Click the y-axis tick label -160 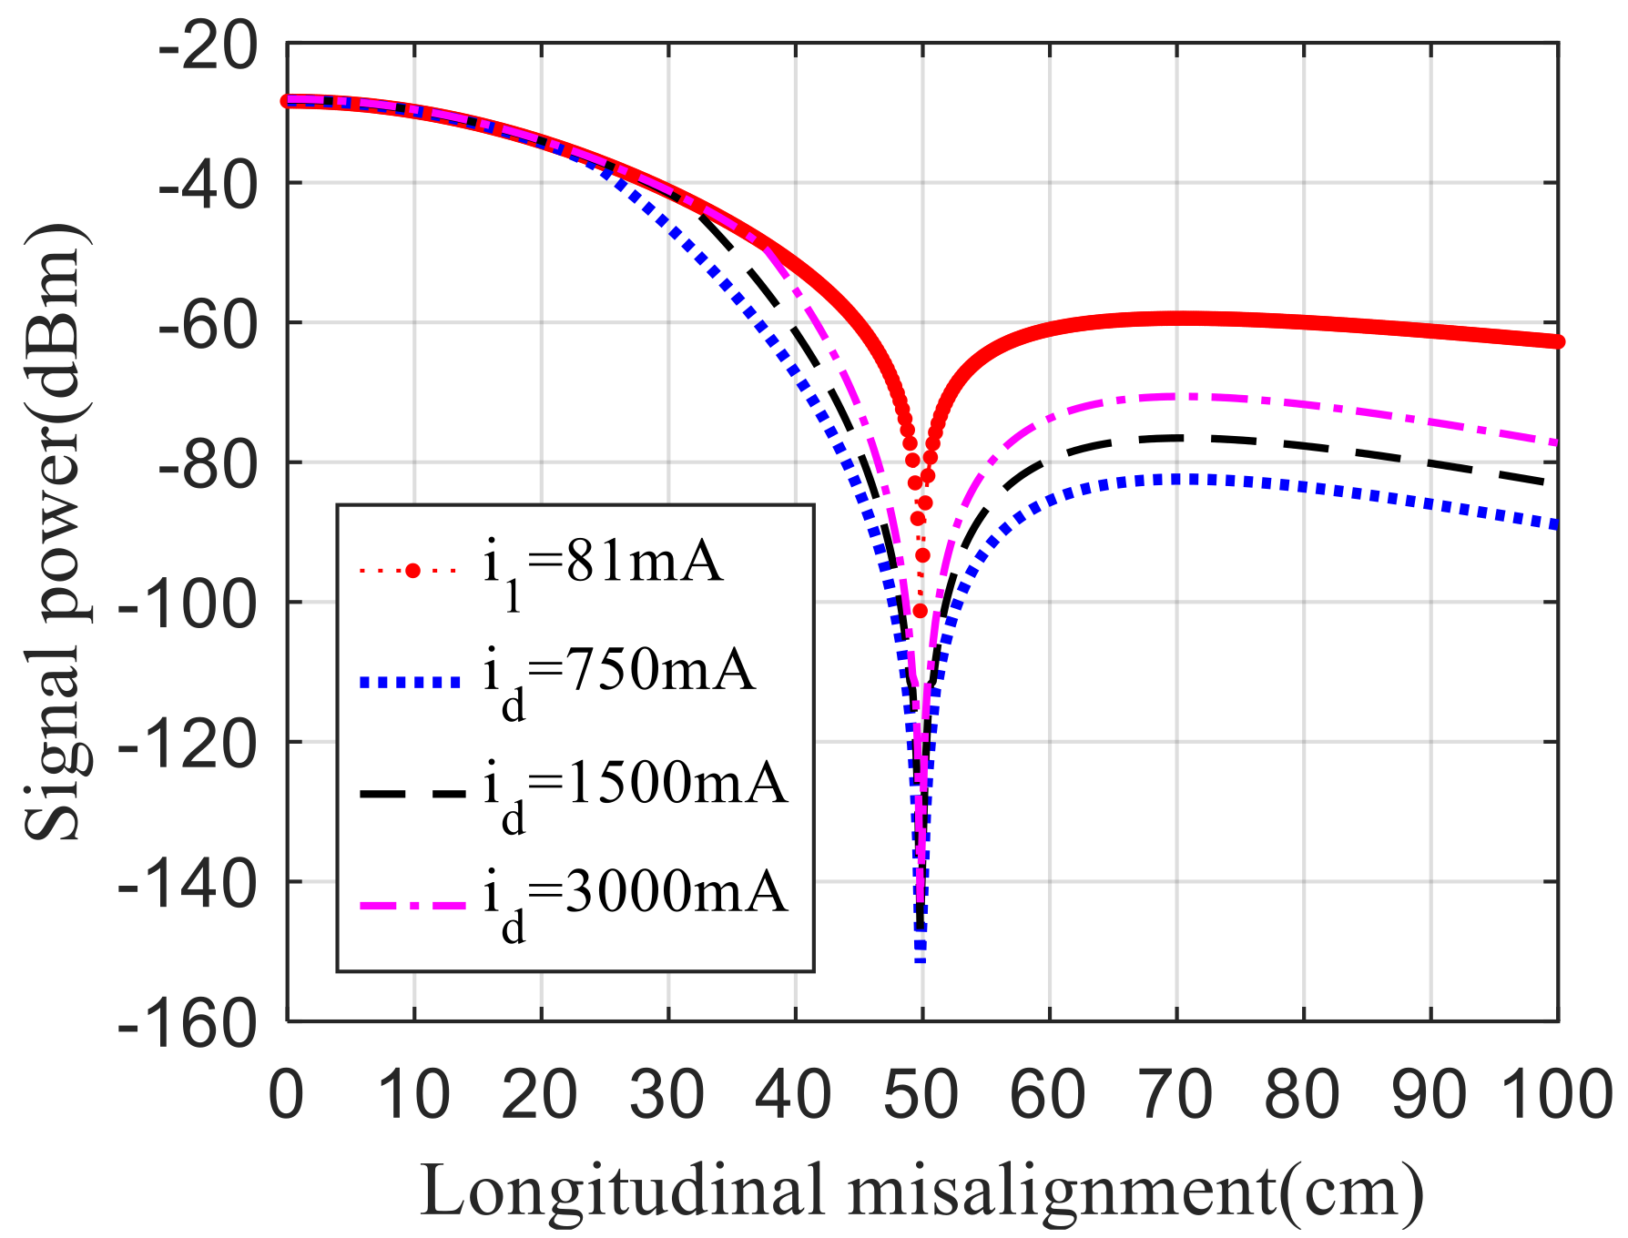188,1025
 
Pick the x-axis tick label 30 667,1095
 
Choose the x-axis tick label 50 921,1095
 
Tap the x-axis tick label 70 1175,1095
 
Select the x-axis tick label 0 287,1095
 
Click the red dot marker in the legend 412,571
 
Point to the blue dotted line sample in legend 411,682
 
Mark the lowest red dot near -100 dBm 920,611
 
